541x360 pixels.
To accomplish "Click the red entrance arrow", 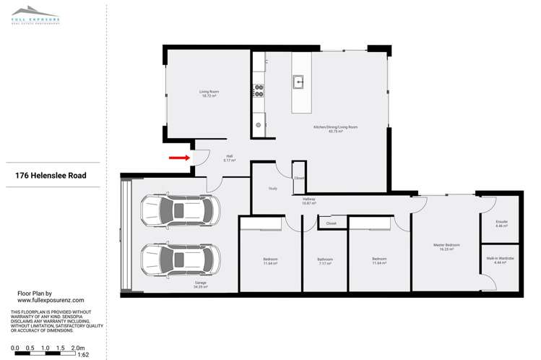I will [x=178, y=156].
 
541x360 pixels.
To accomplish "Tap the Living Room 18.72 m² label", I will [x=209, y=93].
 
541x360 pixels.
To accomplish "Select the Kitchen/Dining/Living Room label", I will [x=335, y=129].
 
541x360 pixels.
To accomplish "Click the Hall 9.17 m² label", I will [x=229, y=158].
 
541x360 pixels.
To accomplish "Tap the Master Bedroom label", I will [x=443, y=246].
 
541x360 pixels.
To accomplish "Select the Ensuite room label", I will [x=502, y=224].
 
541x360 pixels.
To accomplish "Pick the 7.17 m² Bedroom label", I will [x=325, y=262].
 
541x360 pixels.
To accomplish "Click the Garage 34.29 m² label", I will [x=201, y=285].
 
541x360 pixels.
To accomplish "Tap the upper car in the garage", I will [x=177, y=213].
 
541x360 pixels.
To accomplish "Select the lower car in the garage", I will [x=177, y=258].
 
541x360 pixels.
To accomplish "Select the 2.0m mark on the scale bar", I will [x=79, y=347].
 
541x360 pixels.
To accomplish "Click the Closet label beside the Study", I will [x=298, y=178].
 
